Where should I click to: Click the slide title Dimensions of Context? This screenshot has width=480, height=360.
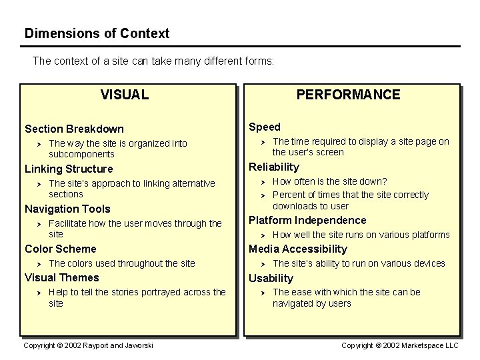click(x=97, y=33)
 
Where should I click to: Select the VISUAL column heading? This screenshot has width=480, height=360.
click(x=125, y=95)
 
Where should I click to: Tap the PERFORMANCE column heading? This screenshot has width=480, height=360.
click(x=348, y=95)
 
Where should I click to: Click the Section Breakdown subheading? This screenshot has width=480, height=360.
click(x=74, y=129)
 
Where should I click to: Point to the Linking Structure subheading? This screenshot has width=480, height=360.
click(x=69, y=169)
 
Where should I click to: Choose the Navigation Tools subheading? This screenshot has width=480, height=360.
click(x=67, y=209)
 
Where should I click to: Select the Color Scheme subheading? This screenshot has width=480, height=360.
click(x=61, y=249)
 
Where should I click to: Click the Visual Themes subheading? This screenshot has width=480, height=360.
click(x=61, y=277)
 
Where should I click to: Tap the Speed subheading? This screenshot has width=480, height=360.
click(x=265, y=127)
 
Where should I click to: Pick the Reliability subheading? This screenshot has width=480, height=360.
click(x=274, y=167)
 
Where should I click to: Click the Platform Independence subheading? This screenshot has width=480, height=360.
click(x=307, y=220)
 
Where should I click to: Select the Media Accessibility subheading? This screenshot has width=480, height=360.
click(x=298, y=249)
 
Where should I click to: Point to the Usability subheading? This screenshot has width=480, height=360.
click(x=271, y=278)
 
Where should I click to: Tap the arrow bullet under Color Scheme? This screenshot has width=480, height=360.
click(x=39, y=263)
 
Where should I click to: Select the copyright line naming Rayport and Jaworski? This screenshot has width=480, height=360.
click(x=88, y=345)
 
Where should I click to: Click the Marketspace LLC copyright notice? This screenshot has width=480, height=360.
click(x=400, y=345)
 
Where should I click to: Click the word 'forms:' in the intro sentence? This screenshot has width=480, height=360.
click(x=259, y=61)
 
